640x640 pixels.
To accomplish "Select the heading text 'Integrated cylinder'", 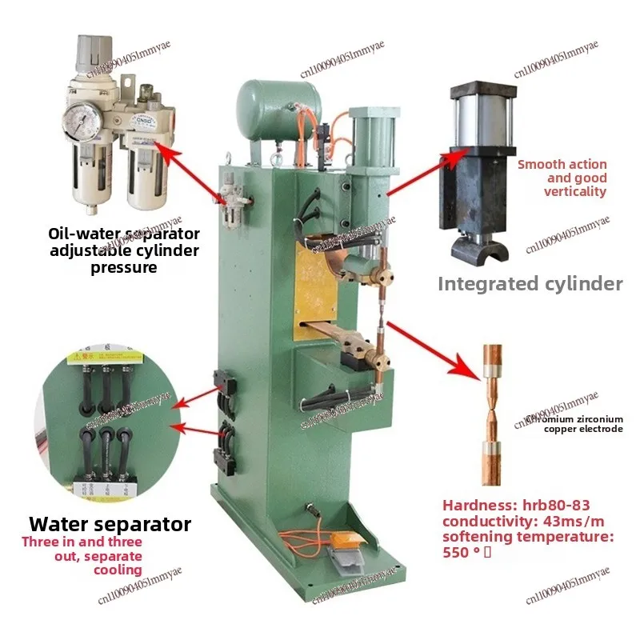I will click(530, 284).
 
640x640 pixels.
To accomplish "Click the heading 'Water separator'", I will click(110, 524).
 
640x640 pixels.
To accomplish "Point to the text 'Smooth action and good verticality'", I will click(562, 178).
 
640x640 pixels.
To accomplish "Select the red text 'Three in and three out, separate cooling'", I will click(82, 556).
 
